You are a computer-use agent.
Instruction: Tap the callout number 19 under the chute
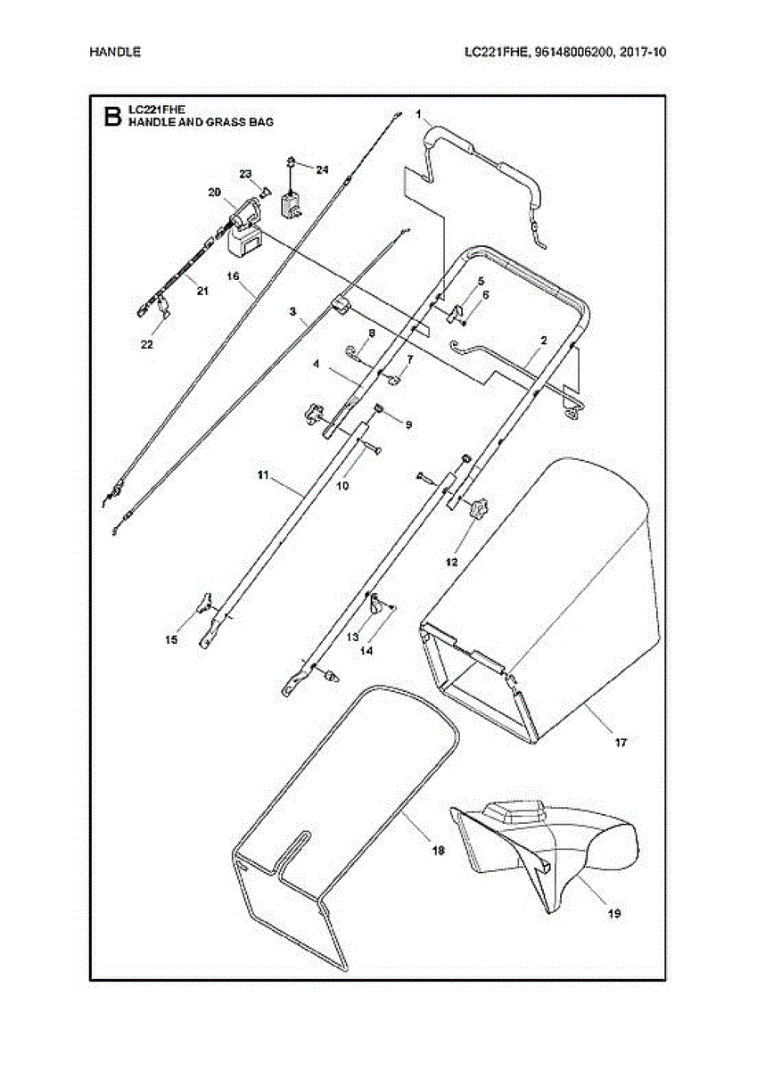coord(613,913)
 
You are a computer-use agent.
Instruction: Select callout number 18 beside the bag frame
coord(438,851)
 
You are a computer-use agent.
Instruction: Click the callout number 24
coord(322,169)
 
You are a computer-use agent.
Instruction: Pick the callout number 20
coord(214,192)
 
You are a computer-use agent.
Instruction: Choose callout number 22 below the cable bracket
coord(147,343)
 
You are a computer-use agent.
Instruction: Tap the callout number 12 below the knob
coord(452,563)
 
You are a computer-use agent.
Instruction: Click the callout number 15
coord(171,640)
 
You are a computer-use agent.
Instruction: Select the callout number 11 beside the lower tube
coord(263,477)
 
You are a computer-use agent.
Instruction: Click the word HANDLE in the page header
coord(115,52)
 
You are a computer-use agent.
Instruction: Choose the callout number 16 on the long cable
coord(234,276)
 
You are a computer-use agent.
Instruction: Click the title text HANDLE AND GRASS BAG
coord(201,121)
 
